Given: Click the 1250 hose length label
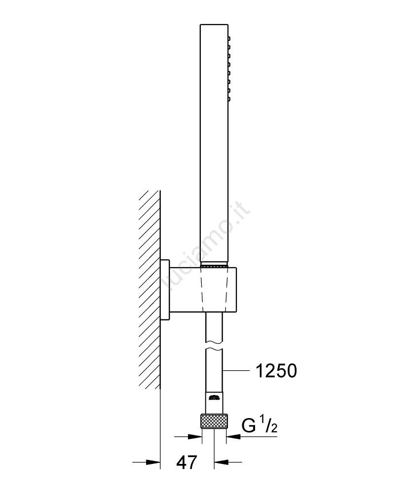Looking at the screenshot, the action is [x=276, y=371].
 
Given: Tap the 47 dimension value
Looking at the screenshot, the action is [x=187, y=462].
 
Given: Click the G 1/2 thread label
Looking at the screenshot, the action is [x=260, y=425].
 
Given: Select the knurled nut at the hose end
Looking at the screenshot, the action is [x=214, y=421].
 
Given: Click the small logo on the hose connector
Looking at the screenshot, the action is [x=214, y=397].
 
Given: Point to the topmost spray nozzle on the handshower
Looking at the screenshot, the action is [x=229, y=38].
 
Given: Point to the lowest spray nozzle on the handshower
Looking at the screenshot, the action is [x=229, y=100].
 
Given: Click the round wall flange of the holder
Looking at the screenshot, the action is [x=165, y=290].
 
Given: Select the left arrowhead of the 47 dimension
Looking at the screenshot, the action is [x=153, y=462].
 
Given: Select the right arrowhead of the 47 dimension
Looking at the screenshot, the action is [x=221, y=462].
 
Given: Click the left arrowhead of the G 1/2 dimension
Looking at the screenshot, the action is [x=194, y=437].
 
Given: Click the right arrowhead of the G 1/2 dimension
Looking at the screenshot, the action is [x=233, y=437].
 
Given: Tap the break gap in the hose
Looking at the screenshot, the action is [x=214, y=346].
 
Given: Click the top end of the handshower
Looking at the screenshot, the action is [x=214, y=24].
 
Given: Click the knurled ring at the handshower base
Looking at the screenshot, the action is [x=214, y=266].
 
